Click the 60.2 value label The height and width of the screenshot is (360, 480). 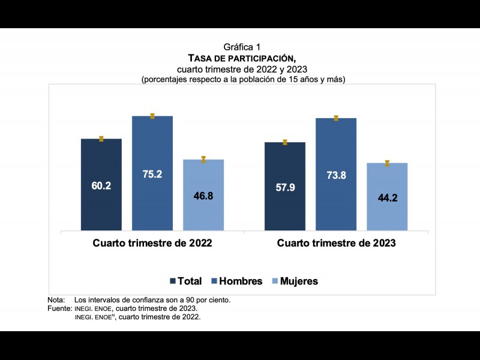101,186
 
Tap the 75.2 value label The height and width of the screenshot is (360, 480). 152,174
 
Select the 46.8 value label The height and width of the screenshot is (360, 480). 203,196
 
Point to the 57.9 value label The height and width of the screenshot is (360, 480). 285,188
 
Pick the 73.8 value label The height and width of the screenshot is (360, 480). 336,176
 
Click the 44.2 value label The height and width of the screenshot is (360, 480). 387,197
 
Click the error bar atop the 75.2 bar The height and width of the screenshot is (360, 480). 152,116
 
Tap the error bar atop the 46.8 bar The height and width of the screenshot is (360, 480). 203,159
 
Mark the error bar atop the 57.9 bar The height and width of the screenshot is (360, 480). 285,142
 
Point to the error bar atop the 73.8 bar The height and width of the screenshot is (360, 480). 336,118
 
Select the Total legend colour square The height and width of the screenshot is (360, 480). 173,281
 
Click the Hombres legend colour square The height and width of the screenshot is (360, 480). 215,281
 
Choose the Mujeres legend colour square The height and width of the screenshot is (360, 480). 275,281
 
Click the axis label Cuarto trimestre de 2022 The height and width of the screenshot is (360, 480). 152,244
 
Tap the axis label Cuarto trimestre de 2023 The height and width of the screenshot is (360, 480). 336,244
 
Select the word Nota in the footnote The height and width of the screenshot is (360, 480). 55,299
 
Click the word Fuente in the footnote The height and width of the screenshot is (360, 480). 59,308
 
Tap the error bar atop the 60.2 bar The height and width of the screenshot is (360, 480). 101,139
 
